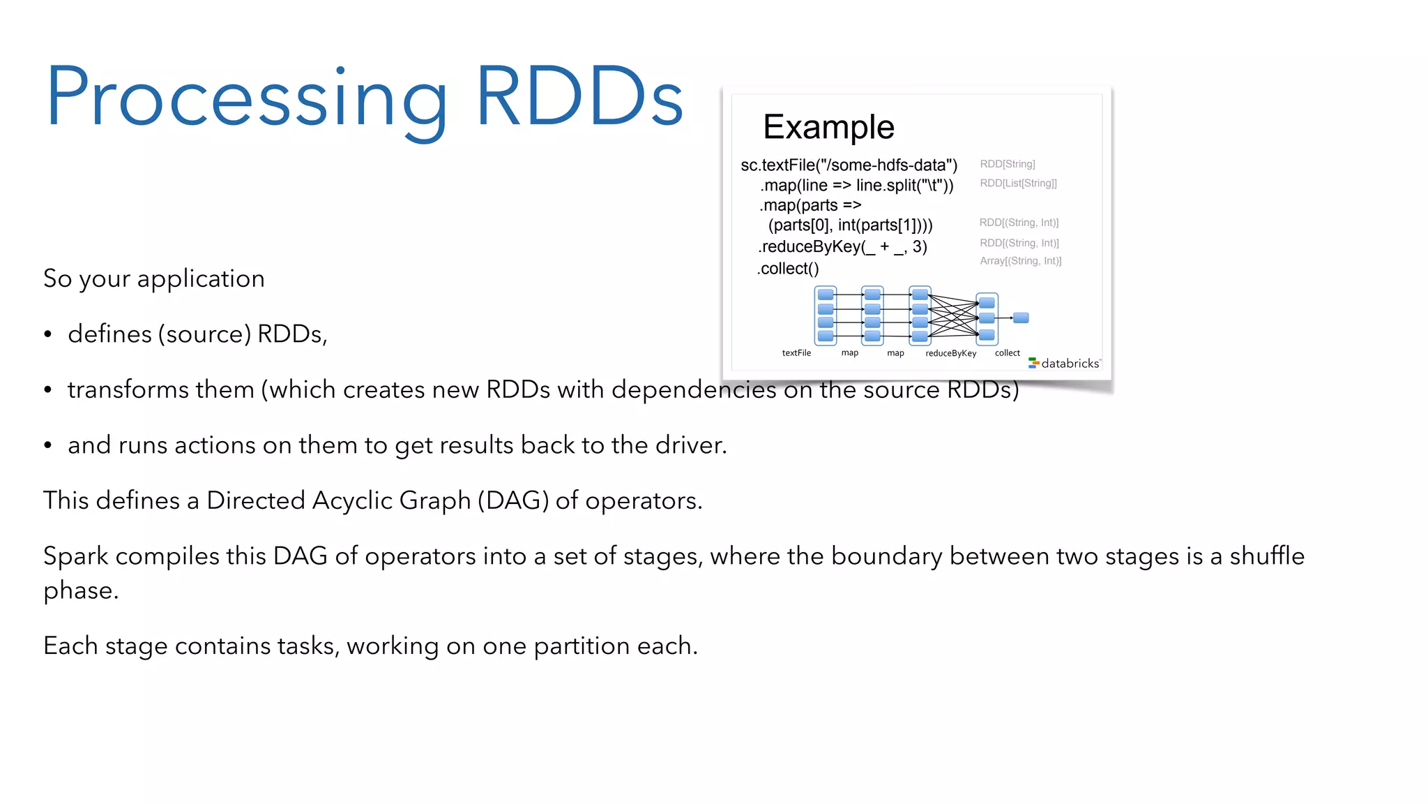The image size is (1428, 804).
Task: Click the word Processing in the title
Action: click(248, 98)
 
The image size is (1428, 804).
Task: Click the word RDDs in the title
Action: click(579, 98)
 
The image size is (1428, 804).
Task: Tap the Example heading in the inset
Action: click(828, 127)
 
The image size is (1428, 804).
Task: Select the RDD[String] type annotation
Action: click(1008, 164)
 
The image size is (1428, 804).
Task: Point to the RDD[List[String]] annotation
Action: click(1018, 183)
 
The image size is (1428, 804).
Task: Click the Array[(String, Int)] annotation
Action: click(1020, 261)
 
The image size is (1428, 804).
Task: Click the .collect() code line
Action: click(788, 269)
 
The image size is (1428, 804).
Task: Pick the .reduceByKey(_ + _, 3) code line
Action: click(842, 246)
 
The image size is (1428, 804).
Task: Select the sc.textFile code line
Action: click(849, 165)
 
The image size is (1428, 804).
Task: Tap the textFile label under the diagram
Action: click(796, 353)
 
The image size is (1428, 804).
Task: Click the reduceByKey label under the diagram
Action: click(950, 353)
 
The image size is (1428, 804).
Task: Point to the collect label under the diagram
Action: click(1007, 353)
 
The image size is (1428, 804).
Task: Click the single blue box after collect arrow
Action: click(1021, 318)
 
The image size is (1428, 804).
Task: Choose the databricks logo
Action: click(1064, 363)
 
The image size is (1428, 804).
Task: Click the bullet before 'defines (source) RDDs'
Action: click(47, 334)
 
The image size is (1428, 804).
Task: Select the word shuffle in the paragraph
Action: click(1266, 556)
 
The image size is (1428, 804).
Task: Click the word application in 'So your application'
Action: click(201, 279)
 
